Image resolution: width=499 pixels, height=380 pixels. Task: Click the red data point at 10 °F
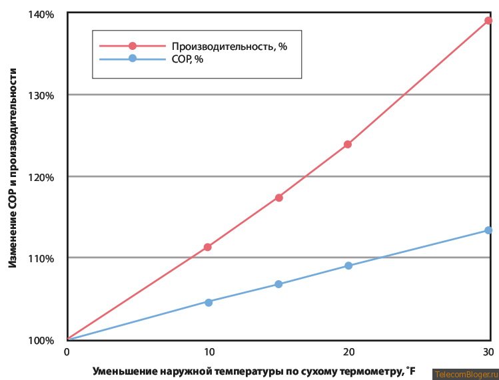[208, 247]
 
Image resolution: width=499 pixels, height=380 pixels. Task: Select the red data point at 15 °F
[279, 198]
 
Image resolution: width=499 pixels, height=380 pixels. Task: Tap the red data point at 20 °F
[348, 144]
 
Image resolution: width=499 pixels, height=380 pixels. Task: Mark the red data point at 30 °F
[488, 21]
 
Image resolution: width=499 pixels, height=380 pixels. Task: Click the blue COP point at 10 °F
[209, 302]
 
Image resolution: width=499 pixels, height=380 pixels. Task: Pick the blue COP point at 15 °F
[279, 284]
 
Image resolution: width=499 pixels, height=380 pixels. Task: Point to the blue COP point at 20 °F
[348, 266]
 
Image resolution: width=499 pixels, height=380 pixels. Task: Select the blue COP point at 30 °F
[488, 230]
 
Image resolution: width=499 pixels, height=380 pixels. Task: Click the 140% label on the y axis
[41, 14]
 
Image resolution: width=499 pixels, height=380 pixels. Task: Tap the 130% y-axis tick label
[41, 95]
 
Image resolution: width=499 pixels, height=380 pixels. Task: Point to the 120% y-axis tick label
[41, 177]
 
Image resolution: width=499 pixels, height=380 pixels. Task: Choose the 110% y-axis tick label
[41, 258]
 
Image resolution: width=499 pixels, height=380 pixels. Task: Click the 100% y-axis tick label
[41, 341]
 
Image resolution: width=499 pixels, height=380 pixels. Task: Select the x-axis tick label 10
[208, 351]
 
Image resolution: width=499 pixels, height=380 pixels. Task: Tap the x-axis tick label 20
[348, 351]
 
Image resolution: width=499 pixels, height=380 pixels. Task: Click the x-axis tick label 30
[488, 351]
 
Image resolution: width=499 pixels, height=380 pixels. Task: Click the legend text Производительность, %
[229, 46]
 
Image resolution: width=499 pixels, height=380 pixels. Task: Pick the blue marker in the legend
[133, 59]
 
